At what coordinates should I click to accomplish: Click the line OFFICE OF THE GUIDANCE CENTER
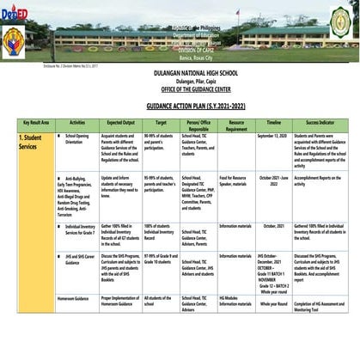point(180,90)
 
